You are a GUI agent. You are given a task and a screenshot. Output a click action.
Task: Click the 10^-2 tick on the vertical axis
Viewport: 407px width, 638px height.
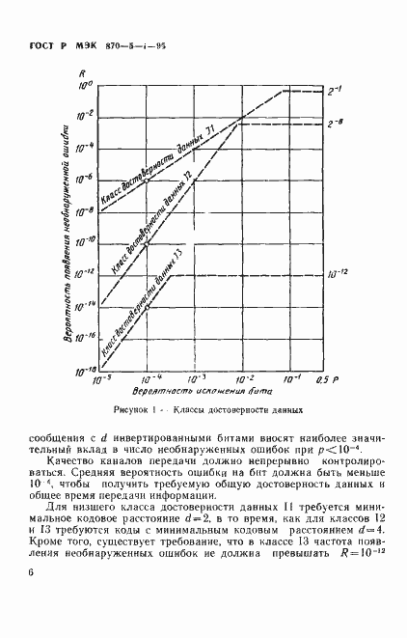pos(82,115)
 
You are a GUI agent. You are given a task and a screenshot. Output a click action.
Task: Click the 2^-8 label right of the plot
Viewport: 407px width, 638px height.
pos(337,125)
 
